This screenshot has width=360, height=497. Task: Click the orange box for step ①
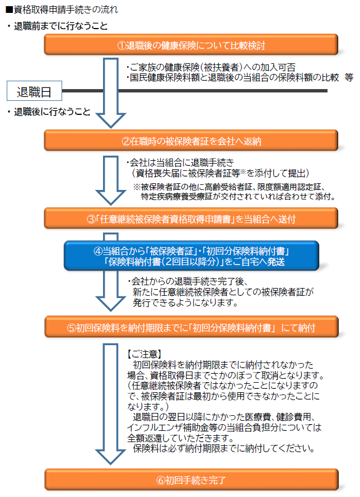[191, 45]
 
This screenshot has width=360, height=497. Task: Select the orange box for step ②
[191, 141]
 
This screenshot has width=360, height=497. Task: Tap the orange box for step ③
[191, 219]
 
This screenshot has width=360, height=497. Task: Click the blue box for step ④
[191, 256]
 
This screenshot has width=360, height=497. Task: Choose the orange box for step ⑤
[191, 327]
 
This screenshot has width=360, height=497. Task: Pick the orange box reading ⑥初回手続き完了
[191, 480]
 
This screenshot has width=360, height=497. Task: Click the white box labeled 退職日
[34, 91]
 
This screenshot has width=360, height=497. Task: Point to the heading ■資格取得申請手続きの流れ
[62, 10]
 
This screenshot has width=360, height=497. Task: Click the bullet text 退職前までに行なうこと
[57, 26]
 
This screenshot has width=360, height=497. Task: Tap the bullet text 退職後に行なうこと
[49, 112]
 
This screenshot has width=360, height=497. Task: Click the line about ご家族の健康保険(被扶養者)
[211, 67]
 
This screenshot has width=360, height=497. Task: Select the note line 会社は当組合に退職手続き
[180, 162]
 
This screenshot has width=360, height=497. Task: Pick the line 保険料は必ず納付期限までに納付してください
[224, 448]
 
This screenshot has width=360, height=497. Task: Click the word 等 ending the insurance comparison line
[349, 77]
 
